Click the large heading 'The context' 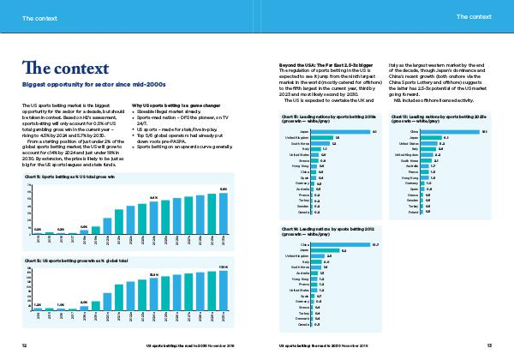coord(60,69)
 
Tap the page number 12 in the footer coord(25,345)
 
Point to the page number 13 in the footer coord(488,345)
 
